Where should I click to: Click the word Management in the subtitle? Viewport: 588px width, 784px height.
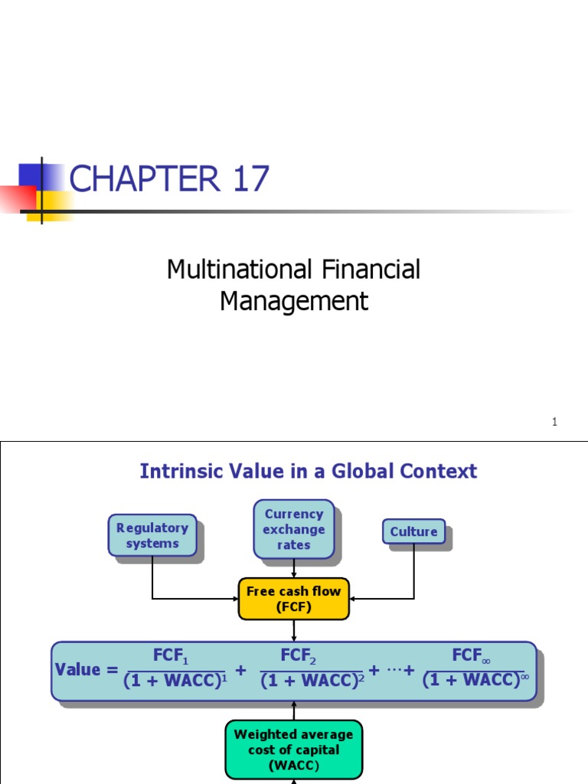(294, 301)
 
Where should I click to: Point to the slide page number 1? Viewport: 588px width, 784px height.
(554, 422)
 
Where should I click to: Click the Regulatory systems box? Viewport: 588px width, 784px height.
(152, 535)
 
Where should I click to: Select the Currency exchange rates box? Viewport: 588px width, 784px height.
(294, 529)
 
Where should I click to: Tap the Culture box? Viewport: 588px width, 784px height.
(413, 531)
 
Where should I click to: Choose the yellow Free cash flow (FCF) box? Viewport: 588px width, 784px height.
(294, 599)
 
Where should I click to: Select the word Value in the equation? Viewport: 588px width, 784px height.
(77, 670)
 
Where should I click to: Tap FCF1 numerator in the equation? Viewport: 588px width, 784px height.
(170, 656)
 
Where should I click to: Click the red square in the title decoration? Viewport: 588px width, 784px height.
(17, 198)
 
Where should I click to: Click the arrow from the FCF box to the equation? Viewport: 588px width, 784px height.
(294, 630)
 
